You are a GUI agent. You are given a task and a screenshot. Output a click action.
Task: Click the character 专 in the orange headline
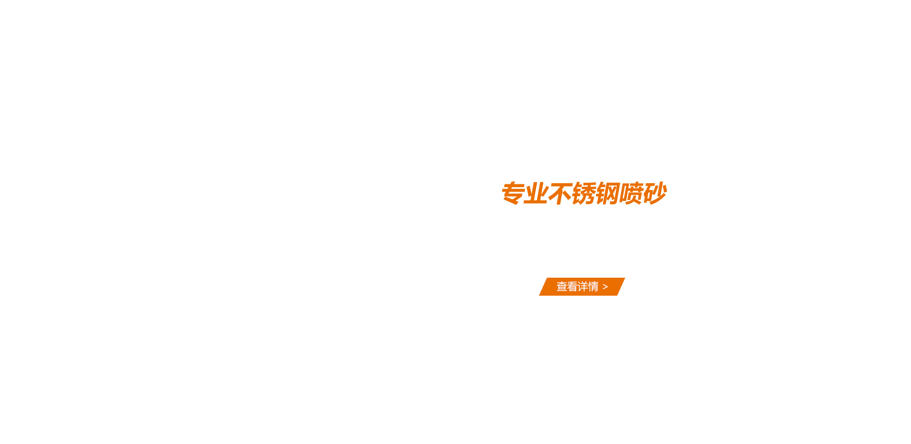coord(513,193)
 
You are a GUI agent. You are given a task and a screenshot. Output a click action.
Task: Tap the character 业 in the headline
coord(537,193)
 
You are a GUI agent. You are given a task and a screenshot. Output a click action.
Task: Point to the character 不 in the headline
coord(560,193)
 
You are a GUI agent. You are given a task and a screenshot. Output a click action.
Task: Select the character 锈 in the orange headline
coord(584,193)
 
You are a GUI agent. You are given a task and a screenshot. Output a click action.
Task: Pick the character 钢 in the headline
coord(608,193)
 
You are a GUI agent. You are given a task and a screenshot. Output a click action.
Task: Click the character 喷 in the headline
coord(632,193)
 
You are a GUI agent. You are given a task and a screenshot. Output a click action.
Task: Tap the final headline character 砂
coord(655,193)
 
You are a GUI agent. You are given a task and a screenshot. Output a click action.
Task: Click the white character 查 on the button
coord(562,287)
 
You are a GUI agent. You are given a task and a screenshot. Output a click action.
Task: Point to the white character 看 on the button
coord(572,287)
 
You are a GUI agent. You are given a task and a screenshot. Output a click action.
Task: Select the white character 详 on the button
coord(583,287)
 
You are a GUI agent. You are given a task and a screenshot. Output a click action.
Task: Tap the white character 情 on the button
coord(593,287)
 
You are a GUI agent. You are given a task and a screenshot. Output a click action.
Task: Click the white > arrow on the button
coord(605,287)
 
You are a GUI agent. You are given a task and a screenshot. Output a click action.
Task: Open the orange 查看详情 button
coord(582,287)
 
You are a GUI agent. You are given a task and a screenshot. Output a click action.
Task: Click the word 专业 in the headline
coord(525,193)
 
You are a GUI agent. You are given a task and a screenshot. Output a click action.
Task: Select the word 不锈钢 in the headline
coord(584,193)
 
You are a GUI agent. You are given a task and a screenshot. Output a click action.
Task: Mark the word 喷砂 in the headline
coord(643,193)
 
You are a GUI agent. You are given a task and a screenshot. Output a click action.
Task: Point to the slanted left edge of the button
coord(543,287)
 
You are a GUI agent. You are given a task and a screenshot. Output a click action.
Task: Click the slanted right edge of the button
coord(621,287)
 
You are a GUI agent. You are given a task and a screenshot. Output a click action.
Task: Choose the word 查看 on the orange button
coord(567,287)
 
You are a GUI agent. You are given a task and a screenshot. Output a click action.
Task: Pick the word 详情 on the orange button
coord(588,287)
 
